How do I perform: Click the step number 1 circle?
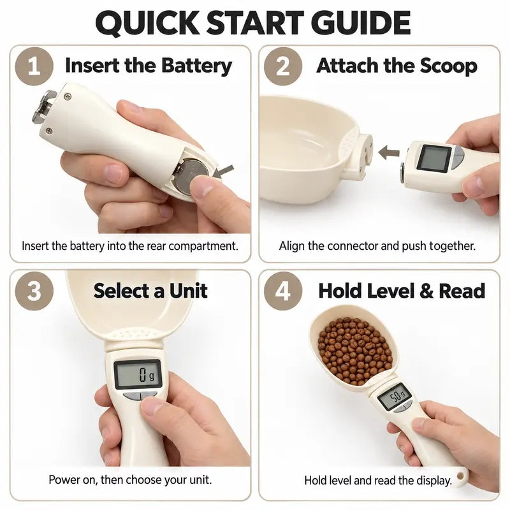point(34,66)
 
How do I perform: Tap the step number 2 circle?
point(282,66)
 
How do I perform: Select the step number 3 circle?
point(34,291)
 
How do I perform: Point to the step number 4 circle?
point(282,291)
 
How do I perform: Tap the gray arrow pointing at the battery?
point(224,171)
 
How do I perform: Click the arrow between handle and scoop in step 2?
point(389,152)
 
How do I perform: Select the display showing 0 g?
point(138,374)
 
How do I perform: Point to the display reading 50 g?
point(395,397)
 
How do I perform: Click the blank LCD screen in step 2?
point(434,158)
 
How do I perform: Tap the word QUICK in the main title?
point(147,23)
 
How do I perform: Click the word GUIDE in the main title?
point(361,23)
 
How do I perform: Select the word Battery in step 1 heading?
point(196,66)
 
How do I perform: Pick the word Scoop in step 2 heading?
point(449,66)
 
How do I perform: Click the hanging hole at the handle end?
point(460,476)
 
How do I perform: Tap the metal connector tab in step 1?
point(45,107)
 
